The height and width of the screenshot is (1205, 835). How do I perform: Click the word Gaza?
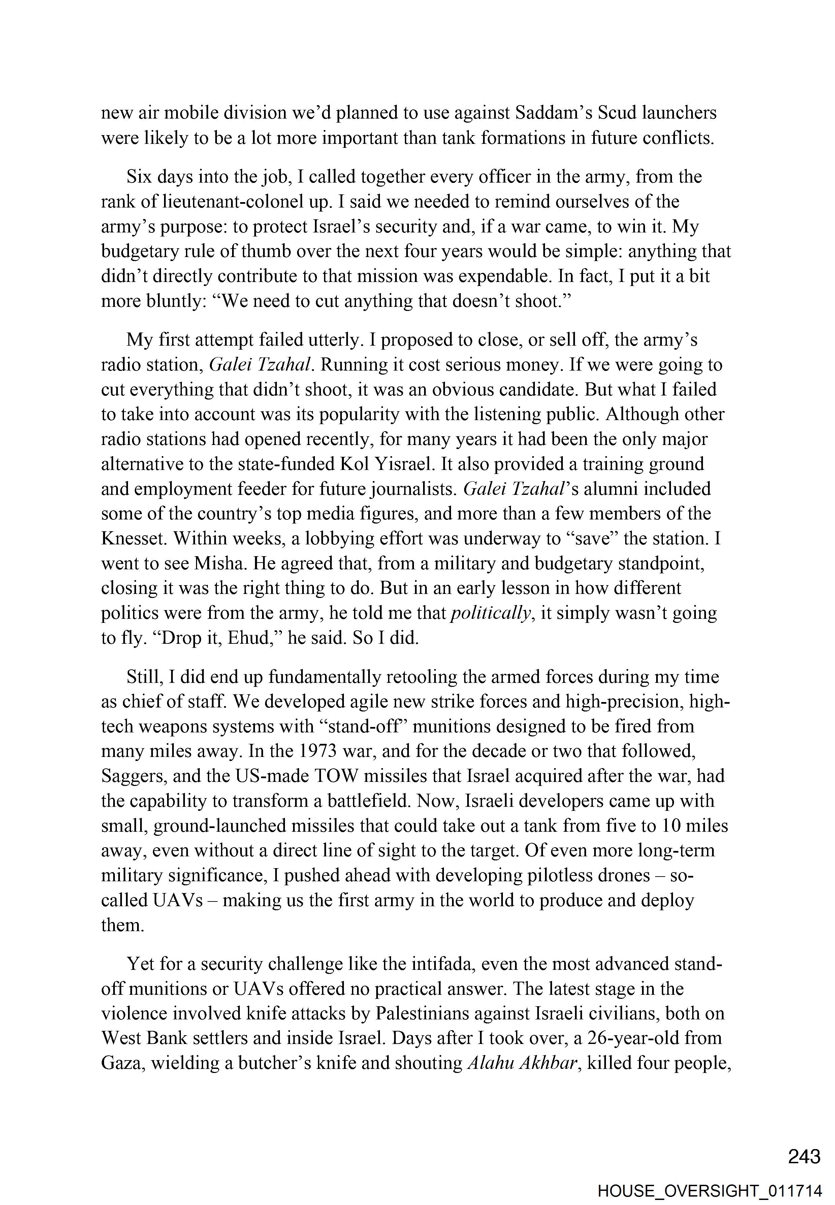pos(122,1063)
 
